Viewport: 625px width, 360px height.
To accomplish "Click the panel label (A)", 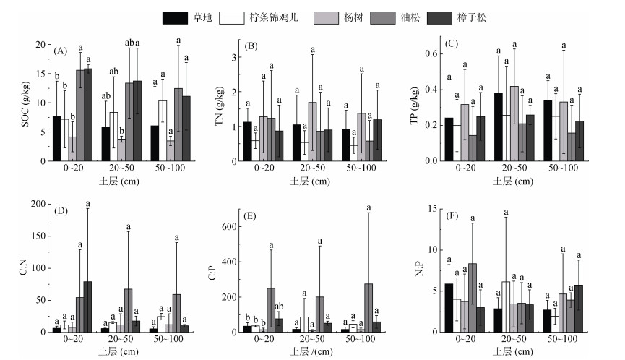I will pos(61,51).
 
